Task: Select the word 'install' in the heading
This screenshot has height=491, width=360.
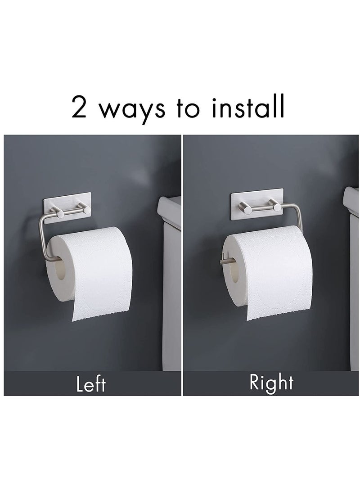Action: pyautogui.click(x=250, y=107)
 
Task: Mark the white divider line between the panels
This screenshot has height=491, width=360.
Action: pyautogui.click(x=182, y=270)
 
